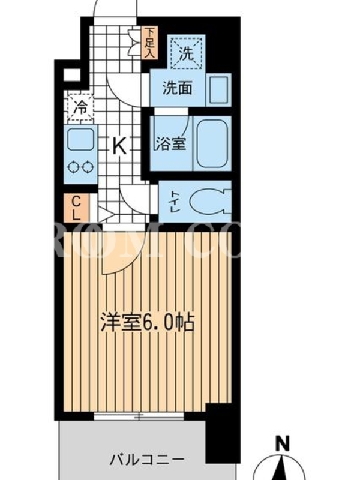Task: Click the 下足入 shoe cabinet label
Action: (151, 42)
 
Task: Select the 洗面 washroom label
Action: (178, 88)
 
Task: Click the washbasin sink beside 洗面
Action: (219, 89)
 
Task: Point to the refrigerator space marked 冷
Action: (80, 108)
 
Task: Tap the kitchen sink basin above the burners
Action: (80, 139)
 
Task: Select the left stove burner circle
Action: (73, 167)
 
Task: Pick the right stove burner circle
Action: (88, 167)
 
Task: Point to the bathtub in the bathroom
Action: (212, 143)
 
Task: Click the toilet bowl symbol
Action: (211, 202)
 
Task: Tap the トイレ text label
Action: (175, 202)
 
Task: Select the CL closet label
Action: (76, 208)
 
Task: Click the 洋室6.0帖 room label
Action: (148, 322)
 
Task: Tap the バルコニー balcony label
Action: (147, 460)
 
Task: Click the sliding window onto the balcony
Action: (139, 416)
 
